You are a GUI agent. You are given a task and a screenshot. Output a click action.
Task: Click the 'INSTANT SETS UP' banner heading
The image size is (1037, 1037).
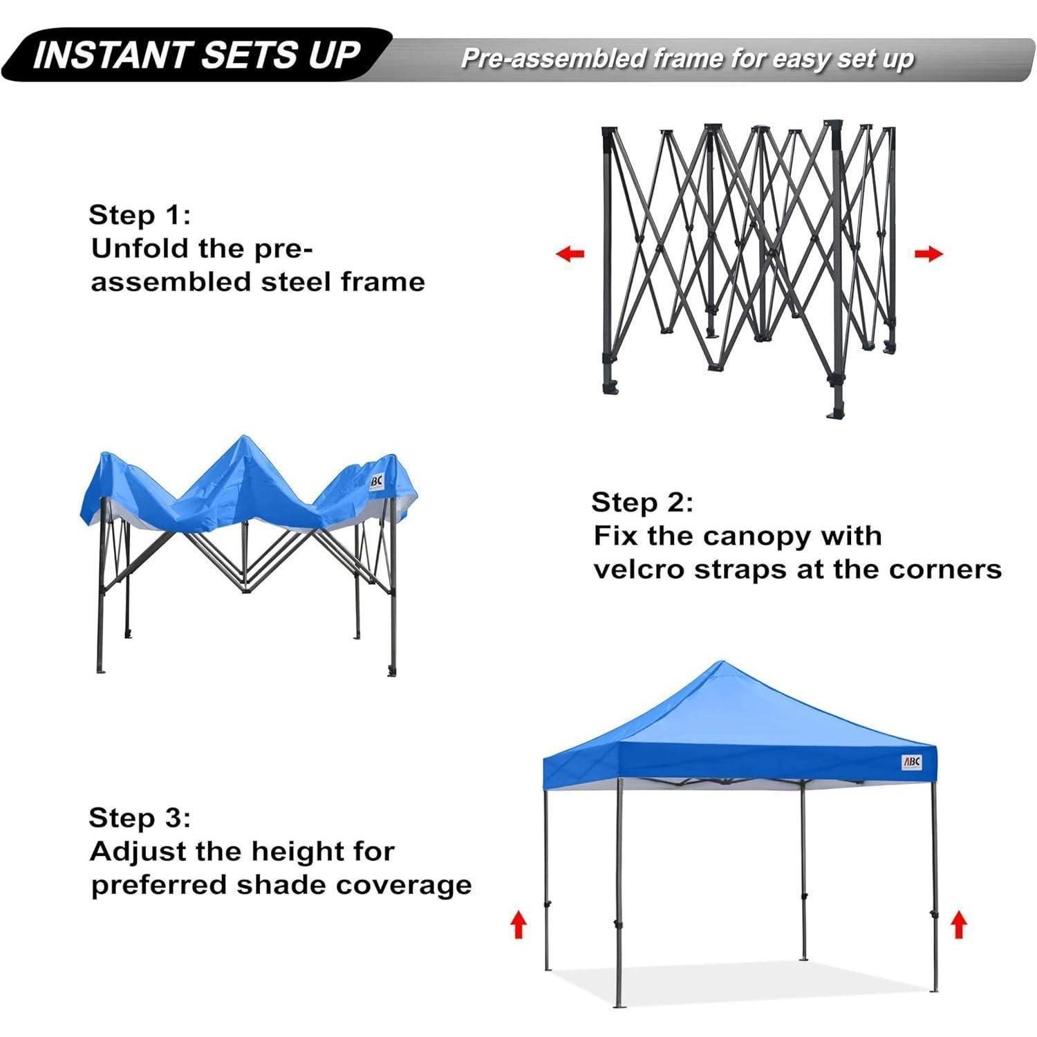(197, 55)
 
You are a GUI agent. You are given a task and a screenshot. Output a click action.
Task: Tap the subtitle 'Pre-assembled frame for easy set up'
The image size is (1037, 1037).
(687, 59)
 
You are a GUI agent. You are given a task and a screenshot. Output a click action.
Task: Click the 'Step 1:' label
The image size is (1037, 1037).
(139, 215)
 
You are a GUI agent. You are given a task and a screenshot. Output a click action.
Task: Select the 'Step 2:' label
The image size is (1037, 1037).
(642, 503)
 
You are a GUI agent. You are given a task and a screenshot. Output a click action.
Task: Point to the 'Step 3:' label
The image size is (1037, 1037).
(140, 818)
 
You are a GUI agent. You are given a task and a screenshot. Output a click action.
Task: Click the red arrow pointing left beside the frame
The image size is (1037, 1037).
(570, 254)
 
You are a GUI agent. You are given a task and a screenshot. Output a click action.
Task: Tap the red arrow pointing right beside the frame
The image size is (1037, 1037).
(928, 254)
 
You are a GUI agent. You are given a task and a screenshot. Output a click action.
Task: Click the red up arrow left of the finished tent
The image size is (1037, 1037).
(518, 924)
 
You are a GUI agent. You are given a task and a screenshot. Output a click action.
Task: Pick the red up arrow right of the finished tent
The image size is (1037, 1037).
(958, 924)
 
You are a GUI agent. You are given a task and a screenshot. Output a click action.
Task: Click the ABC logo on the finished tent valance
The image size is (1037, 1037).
(912, 763)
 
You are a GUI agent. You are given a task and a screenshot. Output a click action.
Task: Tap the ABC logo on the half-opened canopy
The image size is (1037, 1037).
(375, 479)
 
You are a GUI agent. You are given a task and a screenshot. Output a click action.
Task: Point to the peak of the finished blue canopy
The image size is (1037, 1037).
(721, 662)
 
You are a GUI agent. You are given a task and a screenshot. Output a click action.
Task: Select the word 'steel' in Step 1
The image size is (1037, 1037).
(298, 282)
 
